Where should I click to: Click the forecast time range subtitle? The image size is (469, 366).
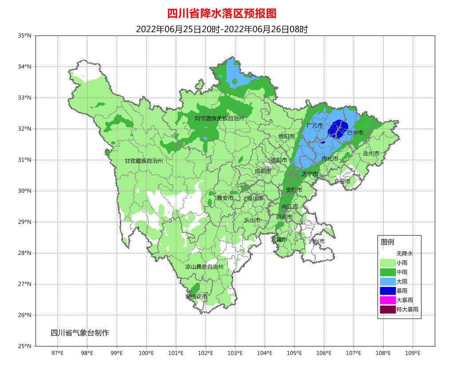[x=222, y=29]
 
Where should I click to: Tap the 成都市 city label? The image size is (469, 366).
[x=262, y=171]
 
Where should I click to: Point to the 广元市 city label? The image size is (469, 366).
[x=314, y=126]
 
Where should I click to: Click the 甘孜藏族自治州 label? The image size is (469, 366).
[x=143, y=161]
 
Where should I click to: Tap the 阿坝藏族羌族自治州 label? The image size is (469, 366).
[x=220, y=118]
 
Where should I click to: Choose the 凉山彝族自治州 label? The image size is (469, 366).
[x=204, y=267]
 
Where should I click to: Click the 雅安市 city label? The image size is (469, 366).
[x=225, y=198]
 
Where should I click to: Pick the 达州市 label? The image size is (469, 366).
[x=371, y=153]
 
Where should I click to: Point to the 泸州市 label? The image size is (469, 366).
[x=317, y=241]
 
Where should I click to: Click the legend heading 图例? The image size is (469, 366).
[x=387, y=242]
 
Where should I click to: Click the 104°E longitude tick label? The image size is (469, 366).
[x=265, y=353]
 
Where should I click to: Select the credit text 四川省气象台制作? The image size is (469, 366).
[x=79, y=333]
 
